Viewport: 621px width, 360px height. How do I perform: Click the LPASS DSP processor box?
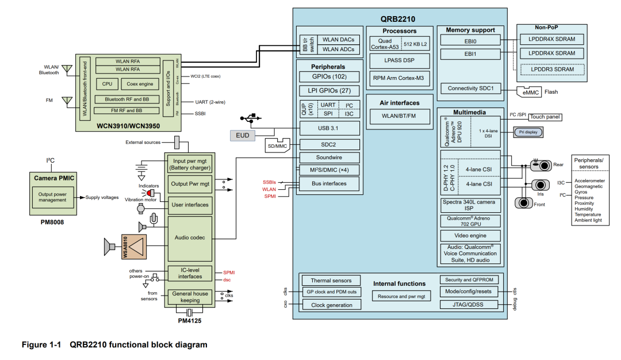(x=399, y=60)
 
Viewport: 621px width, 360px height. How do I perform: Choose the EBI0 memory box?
(x=470, y=41)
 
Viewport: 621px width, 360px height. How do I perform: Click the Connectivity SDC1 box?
(x=470, y=88)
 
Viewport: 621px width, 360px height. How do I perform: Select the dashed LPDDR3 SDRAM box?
(x=552, y=70)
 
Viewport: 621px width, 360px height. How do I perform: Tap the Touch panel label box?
(x=545, y=117)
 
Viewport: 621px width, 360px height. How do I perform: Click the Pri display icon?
(x=527, y=132)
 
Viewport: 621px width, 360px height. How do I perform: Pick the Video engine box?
(x=470, y=236)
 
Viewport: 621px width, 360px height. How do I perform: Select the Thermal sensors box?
(x=331, y=281)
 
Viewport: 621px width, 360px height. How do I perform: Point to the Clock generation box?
(x=331, y=305)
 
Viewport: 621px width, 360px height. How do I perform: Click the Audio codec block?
(x=189, y=238)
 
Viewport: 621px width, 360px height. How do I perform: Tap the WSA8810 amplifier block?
(x=133, y=247)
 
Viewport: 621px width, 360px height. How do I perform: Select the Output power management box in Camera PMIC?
(x=52, y=197)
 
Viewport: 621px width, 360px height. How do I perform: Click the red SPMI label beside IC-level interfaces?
(x=229, y=272)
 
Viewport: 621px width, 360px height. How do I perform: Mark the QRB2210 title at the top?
(x=400, y=18)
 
